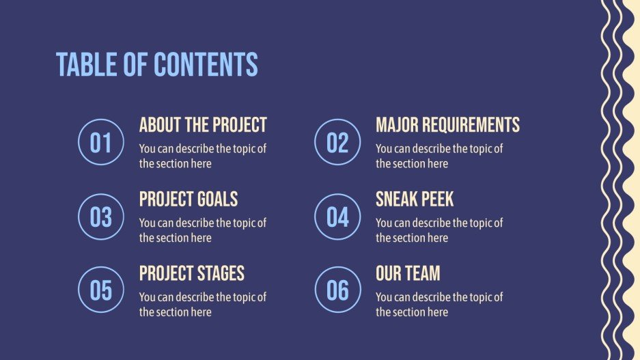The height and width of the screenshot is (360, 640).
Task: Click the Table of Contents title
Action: click(157, 65)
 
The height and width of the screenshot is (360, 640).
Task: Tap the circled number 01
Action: click(100, 143)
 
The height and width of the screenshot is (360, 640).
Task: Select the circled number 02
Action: click(337, 143)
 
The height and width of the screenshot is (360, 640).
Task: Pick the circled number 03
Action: click(100, 217)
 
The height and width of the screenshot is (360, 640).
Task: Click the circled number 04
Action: click(337, 217)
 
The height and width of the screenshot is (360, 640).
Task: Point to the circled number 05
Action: click(100, 290)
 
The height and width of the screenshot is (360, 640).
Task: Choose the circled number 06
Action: click(337, 290)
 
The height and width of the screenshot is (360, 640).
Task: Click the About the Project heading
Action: click(203, 125)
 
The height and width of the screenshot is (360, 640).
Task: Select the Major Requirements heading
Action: click(447, 125)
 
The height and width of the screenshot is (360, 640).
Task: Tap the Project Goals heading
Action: click(189, 199)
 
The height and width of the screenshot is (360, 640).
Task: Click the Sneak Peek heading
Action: click(415, 199)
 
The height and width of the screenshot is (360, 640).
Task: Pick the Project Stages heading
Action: click(192, 274)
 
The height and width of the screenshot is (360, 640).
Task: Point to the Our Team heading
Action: click(408, 274)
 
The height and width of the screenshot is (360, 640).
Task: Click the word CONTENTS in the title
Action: click(206, 65)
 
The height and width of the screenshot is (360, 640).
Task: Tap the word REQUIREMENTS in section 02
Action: click(471, 125)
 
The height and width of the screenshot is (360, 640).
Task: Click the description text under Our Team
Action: click(439, 305)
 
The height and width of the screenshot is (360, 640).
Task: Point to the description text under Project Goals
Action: click(203, 230)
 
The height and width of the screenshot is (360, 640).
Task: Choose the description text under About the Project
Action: click(203, 156)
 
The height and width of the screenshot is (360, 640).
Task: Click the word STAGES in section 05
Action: click(221, 274)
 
